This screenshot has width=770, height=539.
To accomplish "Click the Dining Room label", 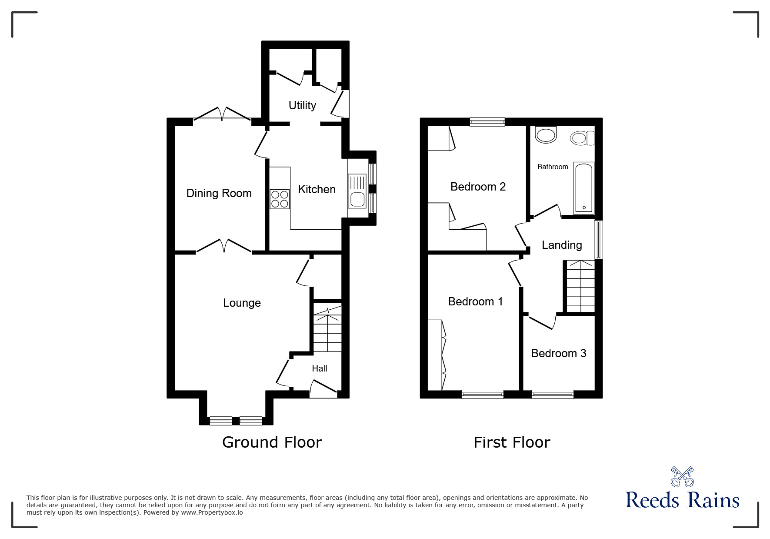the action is coord(219,193).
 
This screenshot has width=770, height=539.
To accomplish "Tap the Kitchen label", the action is coord(317,189).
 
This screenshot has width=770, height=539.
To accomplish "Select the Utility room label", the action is coord(302,105).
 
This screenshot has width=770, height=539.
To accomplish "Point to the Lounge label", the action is coord(242,303).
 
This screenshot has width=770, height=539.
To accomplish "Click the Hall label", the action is coord(320,368).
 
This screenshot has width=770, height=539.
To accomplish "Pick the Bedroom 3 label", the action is coord(559,353).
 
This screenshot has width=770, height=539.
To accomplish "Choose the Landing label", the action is coord(562,245).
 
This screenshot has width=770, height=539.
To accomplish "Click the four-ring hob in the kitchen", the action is coord(280,199).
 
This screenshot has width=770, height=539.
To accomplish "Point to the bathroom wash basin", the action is coord(546,135).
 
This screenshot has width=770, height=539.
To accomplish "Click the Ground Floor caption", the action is coord(272,442).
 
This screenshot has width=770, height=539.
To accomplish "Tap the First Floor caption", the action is coord(512,442).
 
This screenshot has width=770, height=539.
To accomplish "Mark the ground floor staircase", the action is coord(327,329).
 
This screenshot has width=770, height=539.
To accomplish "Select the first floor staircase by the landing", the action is coord(580,286).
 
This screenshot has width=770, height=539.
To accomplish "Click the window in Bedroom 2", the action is coord(487,122).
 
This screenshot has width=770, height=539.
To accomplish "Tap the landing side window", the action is coord(599,239).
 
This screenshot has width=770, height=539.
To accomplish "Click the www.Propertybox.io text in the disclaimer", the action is coord(212,512).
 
